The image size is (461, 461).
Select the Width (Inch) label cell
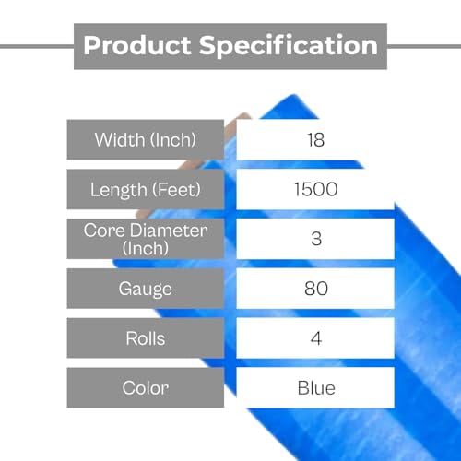point(145,139)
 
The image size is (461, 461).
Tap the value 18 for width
point(316,139)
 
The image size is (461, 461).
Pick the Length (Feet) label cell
point(145,190)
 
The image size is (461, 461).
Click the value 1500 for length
point(316,190)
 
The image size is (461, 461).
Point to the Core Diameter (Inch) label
point(145,238)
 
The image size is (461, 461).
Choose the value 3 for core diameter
point(316,238)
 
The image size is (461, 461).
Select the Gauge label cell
point(145,289)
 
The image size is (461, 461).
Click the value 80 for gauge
point(316,289)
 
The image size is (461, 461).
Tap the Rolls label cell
point(145,338)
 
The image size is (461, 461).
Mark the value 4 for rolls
point(316,338)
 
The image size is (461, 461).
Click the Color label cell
point(145,387)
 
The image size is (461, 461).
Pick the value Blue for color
point(316,387)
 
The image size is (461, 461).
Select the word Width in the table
point(118,139)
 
